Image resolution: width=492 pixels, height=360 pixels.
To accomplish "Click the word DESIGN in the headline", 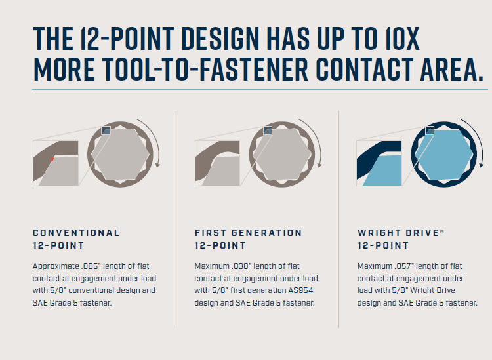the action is click(220, 39).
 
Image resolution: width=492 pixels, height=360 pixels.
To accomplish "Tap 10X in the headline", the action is click(402, 39).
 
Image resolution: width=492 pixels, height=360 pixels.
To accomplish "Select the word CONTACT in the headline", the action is click(365, 69).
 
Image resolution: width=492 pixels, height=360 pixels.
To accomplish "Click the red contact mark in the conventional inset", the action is click(52, 159).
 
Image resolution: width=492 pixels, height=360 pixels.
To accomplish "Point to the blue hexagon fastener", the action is click(443, 155).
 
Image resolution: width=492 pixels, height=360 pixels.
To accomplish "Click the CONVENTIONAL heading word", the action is click(76, 233).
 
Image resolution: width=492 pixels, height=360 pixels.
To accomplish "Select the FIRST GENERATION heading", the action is click(248, 233).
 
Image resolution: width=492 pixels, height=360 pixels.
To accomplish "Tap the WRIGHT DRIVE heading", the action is click(398, 233).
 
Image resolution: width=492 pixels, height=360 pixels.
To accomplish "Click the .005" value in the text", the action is click(91, 266).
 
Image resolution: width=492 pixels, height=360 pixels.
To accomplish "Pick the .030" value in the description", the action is click(241, 266).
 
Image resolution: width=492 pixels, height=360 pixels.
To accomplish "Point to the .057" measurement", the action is click(404, 266).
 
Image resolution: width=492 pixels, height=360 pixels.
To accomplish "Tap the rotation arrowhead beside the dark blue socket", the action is click(482, 165).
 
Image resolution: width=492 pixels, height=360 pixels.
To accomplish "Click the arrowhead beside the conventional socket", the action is click(157, 165).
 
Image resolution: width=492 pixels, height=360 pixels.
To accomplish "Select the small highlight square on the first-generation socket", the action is click(268, 130).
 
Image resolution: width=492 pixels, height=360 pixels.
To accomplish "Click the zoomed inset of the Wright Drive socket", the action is click(379, 163).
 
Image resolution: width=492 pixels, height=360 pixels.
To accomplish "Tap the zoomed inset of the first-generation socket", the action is click(217, 163).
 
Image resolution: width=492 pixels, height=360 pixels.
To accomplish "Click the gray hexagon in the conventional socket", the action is click(120, 155).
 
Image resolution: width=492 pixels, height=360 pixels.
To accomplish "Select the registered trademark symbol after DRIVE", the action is click(441, 231).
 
